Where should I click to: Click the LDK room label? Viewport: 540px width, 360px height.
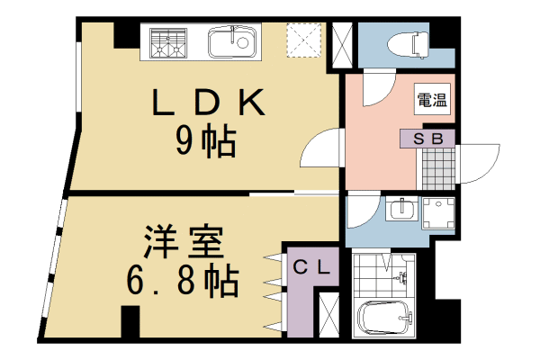pyautogui.click(x=206, y=103)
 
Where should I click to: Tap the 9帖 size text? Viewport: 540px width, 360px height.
pyautogui.click(x=206, y=141)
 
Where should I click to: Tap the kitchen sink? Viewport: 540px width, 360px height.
pyautogui.click(x=233, y=41)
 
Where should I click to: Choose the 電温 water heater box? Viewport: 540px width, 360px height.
pyautogui.click(x=432, y=102)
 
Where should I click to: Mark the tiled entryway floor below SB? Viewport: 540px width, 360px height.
pyautogui.click(x=439, y=167)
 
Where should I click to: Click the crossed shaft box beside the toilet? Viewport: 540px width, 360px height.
pyautogui.click(x=343, y=42)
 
